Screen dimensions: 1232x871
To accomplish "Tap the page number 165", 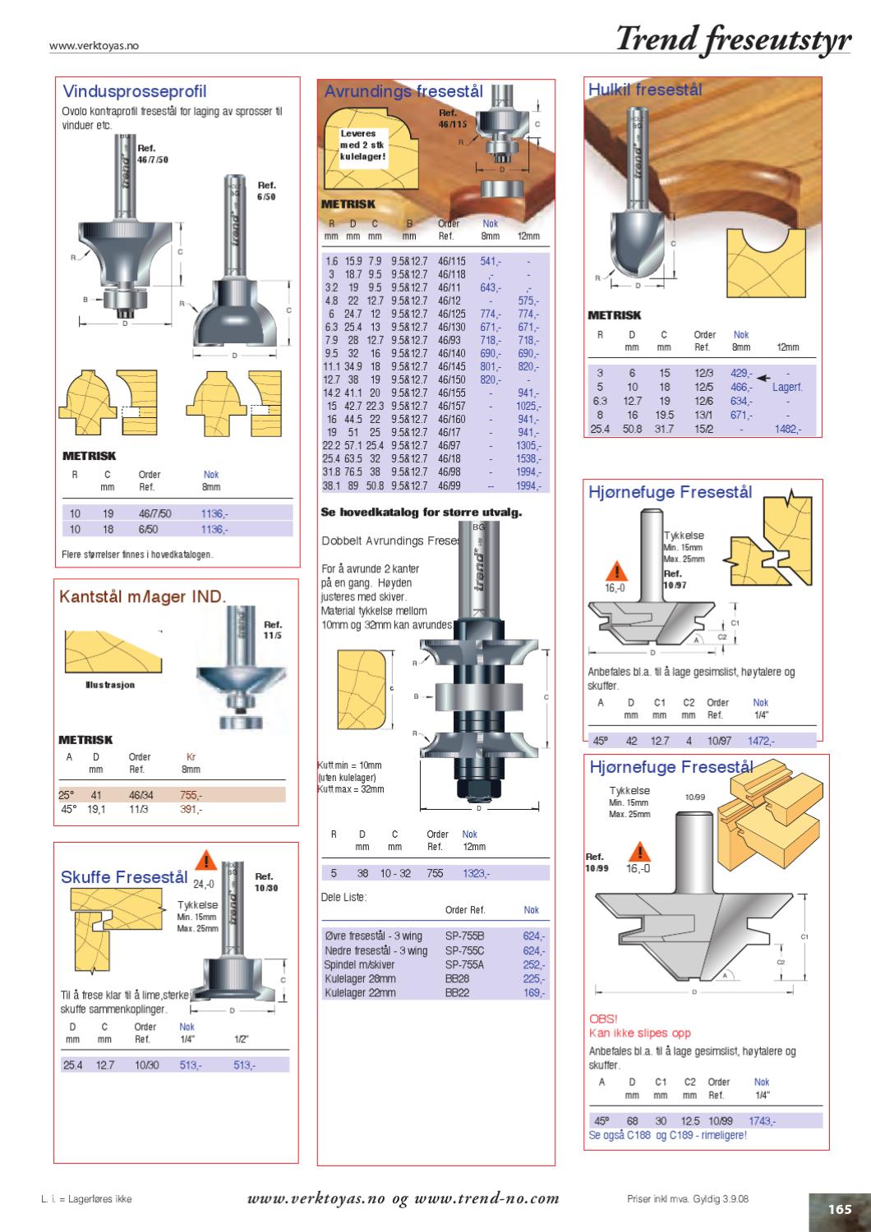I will tap(839, 1209).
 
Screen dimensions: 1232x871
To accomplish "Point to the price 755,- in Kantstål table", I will tap(191, 795).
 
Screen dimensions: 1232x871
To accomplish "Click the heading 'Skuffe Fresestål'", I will tap(124, 877).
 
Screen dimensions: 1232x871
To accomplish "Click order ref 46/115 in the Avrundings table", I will tap(451, 260).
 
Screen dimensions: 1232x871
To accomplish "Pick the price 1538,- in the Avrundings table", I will tap(528, 458).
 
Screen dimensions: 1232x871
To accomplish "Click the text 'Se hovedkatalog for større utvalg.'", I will tap(422, 513).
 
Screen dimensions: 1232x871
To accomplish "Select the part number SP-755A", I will tap(464, 965).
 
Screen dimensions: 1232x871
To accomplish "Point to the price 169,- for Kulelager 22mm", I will tap(534, 992).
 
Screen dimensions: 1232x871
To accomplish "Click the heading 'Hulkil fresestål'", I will tap(645, 90).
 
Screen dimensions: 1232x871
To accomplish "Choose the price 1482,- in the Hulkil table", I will tap(788, 429).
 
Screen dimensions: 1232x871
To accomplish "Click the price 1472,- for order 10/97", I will tap(760, 740).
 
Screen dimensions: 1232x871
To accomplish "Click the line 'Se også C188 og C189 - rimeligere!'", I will tap(668, 1135).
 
